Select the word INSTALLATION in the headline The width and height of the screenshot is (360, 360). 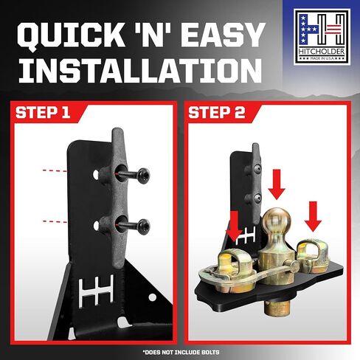pos(140,70)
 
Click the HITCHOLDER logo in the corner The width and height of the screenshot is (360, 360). pos(322,37)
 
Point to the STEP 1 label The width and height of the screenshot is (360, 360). pos(43,113)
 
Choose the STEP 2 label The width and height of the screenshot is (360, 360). pos(217,113)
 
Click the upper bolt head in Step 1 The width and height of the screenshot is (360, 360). pos(143,176)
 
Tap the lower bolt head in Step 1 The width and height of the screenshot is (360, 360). pos(144,226)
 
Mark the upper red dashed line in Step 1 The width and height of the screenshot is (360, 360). pos(55,170)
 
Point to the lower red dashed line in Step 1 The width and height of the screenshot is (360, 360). pos(55,222)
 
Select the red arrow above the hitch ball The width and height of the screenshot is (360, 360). pos(277,184)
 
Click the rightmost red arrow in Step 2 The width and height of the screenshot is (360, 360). pos(313,216)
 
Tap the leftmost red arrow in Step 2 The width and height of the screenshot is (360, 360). pos(235,226)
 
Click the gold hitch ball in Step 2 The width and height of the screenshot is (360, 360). pos(277,220)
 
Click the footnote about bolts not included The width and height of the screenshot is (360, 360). pos(181,352)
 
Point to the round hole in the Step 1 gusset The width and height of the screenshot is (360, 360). pos(153,297)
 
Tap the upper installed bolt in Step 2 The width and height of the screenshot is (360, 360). pos(257,168)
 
